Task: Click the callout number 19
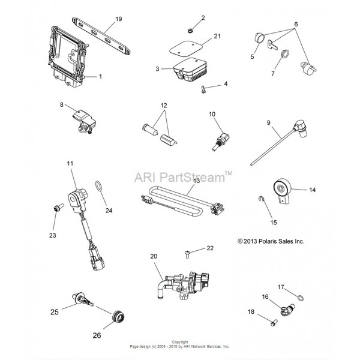[x=118, y=19]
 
